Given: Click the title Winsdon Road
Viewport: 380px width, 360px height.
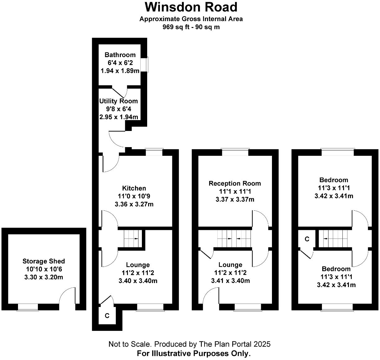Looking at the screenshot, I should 191,7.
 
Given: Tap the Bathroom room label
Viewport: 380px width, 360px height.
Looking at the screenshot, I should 120,55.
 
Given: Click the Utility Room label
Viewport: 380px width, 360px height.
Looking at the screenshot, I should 118,101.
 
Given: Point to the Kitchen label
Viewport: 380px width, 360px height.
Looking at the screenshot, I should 134,188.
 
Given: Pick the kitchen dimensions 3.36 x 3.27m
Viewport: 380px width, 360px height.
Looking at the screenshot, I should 134,204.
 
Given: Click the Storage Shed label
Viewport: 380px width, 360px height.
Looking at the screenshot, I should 44,261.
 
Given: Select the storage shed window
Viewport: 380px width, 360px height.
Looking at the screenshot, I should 28,307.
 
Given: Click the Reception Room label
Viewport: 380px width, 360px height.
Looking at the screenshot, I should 235,183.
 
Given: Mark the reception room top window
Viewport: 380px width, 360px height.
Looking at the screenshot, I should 235,152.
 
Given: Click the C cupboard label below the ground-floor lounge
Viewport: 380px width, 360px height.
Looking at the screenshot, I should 107,316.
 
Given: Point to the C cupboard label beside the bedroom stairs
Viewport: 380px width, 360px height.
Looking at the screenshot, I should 307,239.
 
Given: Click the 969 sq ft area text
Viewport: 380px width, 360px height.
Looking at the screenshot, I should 174,27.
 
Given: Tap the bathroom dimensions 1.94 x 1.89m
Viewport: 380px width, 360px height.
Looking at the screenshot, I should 120,71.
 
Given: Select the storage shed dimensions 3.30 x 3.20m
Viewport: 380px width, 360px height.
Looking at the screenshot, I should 44,277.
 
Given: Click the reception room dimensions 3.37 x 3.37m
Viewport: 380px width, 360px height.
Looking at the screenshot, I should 235,199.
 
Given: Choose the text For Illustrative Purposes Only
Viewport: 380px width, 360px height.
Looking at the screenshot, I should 194,353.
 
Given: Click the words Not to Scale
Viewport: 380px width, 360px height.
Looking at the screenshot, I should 129,344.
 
